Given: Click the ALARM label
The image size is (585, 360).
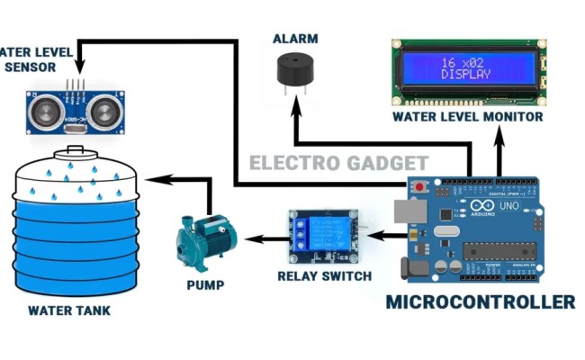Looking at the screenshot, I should [x=294, y=39].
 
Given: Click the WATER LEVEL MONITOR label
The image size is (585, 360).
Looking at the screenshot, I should [x=467, y=117].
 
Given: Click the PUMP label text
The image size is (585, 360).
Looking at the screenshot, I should [x=205, y=286].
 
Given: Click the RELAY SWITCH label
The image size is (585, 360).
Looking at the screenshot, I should [x=325, y=275].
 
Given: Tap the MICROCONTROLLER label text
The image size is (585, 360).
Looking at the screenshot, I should [x=480, y=301].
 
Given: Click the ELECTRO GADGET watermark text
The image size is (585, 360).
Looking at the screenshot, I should [x=337, y=164].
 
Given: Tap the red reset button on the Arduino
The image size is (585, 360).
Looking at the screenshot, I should [x=419, y=186].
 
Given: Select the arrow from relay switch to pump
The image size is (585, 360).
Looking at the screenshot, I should [x=265, y=238].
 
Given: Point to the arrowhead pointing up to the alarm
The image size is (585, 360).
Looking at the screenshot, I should [x=295, y=104].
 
